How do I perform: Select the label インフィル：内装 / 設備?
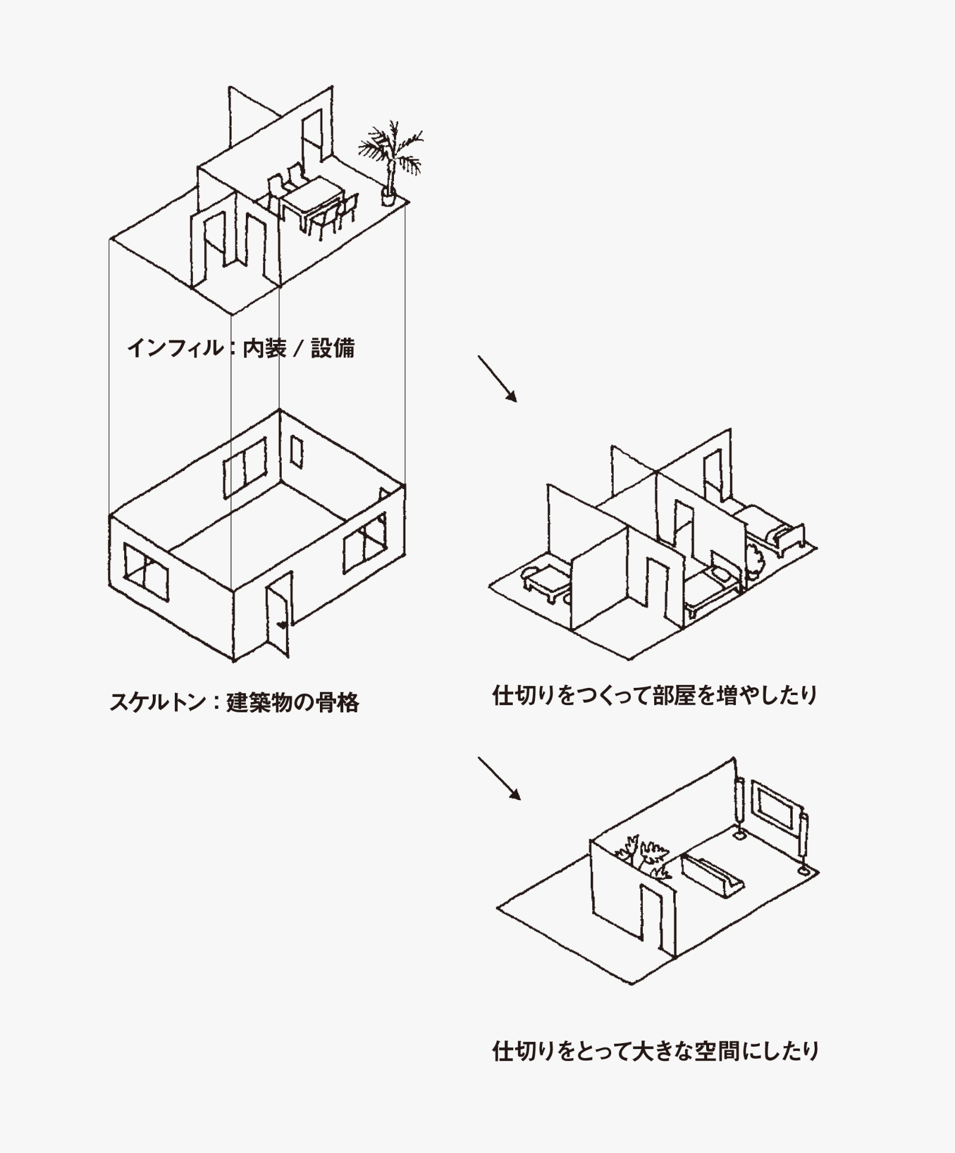[x=241, y=348]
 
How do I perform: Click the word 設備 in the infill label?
[x=332, y=348]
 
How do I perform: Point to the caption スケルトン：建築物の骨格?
[x=234, y=702]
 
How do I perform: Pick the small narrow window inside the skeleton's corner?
[x=296, y=452]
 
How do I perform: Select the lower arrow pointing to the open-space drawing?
[x=499, y=779]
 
